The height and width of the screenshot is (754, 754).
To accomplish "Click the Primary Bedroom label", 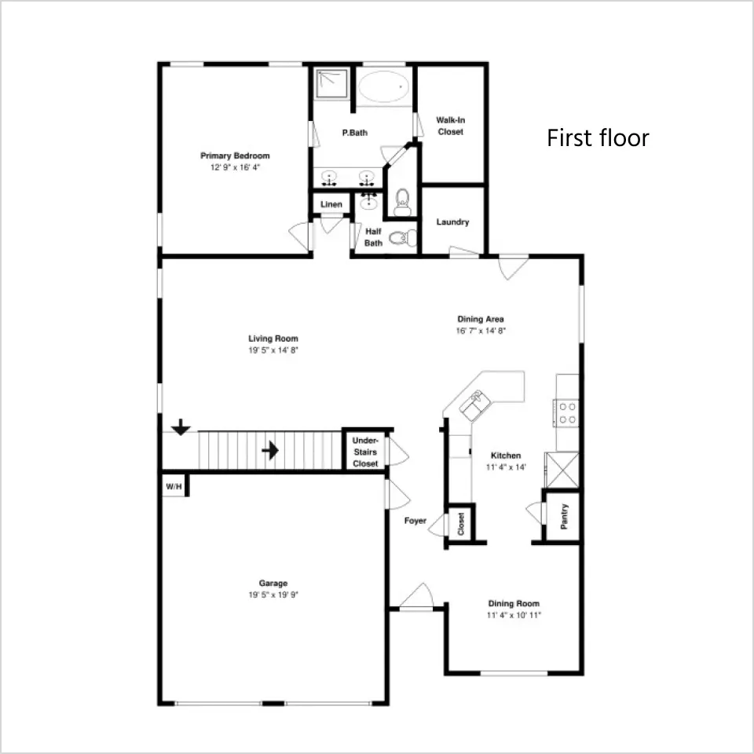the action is click(x=235, y=156).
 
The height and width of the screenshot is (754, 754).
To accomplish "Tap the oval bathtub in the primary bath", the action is click(x=384, y=86).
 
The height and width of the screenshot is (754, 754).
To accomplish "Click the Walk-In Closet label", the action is click(x=451, y=126).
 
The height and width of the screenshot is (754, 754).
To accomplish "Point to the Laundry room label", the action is click(x=452, y=222).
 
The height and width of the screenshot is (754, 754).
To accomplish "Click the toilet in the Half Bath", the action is click(x=403, y=238).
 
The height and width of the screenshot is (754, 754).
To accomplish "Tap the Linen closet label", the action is click(x=331, y=204).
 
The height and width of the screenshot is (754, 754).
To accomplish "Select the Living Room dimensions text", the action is click(x=273, y=350).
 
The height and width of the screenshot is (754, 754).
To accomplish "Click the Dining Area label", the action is click(x=481, y=319).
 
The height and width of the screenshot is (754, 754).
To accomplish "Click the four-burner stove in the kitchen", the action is click(x=567, y=413).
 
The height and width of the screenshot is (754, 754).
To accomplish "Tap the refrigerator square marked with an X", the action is click(x=562, y=470).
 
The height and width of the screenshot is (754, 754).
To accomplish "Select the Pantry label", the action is click(x=564, y=517).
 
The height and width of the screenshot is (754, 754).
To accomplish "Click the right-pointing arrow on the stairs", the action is click(x=270, y=451).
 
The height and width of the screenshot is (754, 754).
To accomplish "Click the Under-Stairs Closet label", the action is click(x=365, y=452).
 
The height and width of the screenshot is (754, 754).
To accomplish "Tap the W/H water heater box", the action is click(x=174, y=487).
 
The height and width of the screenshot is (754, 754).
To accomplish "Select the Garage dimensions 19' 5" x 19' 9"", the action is click(x=273, y=595).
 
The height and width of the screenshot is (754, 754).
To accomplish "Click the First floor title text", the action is click(x=598, y=138).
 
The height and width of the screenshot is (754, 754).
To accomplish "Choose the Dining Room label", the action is click(x=514, y=603).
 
